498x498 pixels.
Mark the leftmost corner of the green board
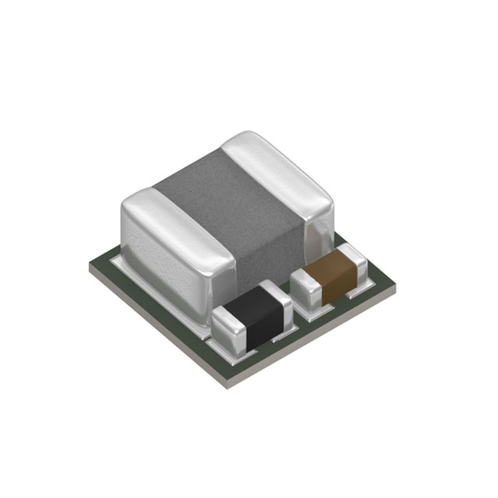pyautogui.click(x=90, y=265)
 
